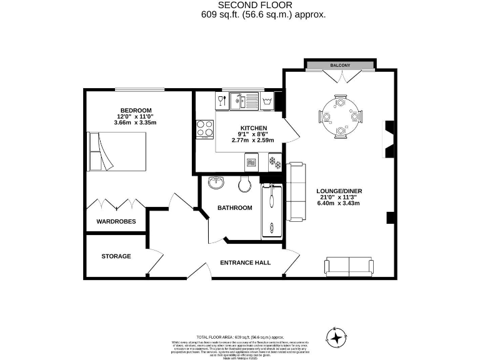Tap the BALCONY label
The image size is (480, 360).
[340, 65]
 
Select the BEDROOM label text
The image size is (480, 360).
[136, 110]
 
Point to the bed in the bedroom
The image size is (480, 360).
[117, 151]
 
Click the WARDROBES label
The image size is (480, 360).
[116, 221]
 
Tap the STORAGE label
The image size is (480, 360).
[116, 256]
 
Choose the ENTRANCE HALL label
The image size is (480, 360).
[246, 262]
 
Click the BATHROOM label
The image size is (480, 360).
[234, 207]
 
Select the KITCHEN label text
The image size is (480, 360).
[254, 127]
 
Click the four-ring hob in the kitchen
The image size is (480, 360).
[204, 128]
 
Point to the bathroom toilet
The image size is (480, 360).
[244, 184]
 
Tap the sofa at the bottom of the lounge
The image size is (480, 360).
[349, 266]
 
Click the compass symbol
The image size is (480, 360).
[337, 337]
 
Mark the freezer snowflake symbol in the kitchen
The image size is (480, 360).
[273, 162]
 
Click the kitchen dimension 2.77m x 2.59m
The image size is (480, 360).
[254, 140]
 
